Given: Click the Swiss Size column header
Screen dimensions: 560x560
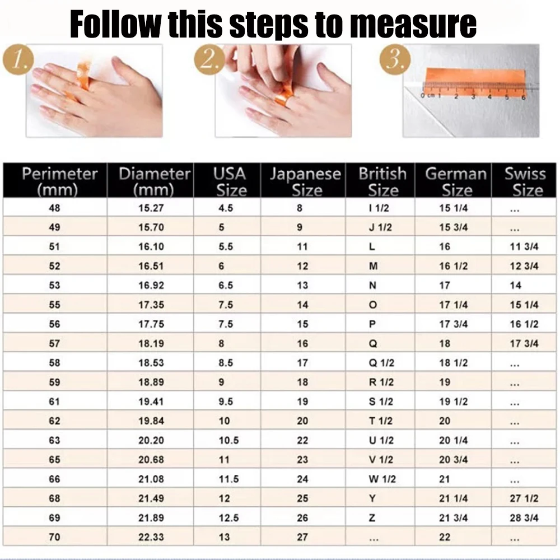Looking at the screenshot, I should pyautogui.click(x=525, y=181).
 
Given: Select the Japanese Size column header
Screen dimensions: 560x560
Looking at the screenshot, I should pyautogui.click(x=305, y=181).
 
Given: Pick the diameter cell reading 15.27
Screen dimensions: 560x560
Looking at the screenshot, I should pyautogui.click(x=151, y=208).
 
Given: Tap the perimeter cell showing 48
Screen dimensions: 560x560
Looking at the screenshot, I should pyautogui.click(x=54, y=208).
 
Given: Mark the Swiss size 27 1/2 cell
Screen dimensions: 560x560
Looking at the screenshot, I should pyautogui.click(x=524, y=498).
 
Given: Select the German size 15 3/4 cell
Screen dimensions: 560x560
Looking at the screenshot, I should pyautogui.click(x=454, y=227).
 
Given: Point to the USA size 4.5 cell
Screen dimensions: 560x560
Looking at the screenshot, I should pyautogui.click(x=226, y=208).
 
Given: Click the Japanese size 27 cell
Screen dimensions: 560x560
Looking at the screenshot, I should pyautogui.click(x=302, y=537).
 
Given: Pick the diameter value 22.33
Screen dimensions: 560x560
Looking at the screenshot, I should pyautogui.click(x=151, y=537).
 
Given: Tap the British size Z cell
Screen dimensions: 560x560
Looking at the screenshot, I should pyautogui.click(x=372, y=518).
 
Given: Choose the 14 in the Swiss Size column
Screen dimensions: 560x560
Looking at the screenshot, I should pyautogui.click(x=516, y=286).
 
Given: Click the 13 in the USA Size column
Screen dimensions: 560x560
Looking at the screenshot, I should pyautogui.click(x=225, y=537).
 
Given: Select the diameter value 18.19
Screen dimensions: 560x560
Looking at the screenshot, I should pyautogui.click(x=151, y=344).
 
